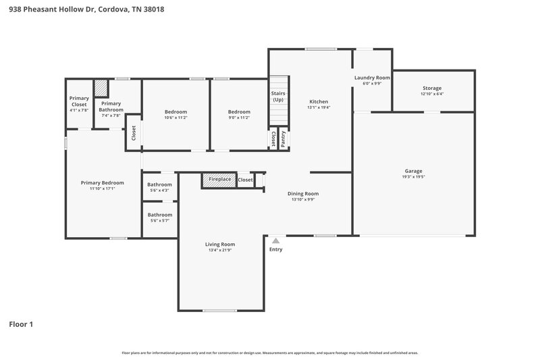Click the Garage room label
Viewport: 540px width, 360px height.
[x=414, y=171]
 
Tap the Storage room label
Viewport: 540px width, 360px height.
[x=432, y=88]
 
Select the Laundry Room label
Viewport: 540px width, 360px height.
[x=373, y=78]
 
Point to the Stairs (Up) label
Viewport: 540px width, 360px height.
[x=278, y=96]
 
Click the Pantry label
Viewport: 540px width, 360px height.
[x=283, y=138]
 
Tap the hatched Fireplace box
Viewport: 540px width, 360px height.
[x=218, y=180]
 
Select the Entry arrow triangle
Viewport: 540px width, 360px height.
[x=275, y=240]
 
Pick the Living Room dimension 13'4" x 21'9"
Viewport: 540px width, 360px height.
[x=219, y=251]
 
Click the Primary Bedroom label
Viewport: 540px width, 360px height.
[x=103, y=182]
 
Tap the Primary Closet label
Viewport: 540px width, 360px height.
[x=79, y=101]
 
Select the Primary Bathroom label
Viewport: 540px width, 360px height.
[x=111, y=107]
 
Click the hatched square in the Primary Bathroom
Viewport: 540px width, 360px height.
[x=101, y=89]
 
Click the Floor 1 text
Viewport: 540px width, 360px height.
[x=21, y=324]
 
